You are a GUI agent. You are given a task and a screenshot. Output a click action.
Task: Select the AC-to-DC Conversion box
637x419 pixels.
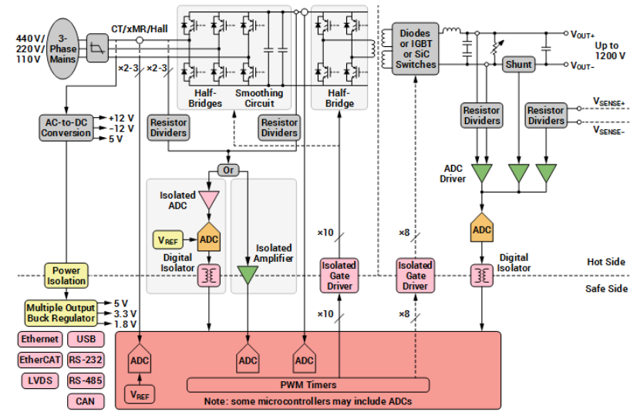(66, 127)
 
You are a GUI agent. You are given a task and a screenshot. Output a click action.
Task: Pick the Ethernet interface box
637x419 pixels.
(39, 339)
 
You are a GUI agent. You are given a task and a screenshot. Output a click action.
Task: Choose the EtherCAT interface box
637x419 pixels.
(39, 360)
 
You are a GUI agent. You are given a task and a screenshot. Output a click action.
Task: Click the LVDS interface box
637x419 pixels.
(39, 380)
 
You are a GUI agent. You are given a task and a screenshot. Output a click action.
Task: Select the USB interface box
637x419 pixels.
(86, 339)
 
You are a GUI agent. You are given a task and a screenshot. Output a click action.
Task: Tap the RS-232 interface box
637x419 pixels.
(86, 360)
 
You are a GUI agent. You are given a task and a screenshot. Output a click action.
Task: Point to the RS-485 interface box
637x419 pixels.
(86, 380)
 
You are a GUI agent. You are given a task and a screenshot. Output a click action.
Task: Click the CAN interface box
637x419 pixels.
(86, 401)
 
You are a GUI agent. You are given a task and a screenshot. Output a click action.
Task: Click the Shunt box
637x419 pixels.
(518, 65)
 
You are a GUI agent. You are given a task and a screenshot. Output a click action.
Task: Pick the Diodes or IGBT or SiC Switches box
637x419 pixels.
(416, 49)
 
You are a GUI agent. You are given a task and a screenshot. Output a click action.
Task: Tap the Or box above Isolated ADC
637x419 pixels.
(228, 169)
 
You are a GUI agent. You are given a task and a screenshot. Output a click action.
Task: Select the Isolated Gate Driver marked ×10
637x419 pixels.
(339, 275)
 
